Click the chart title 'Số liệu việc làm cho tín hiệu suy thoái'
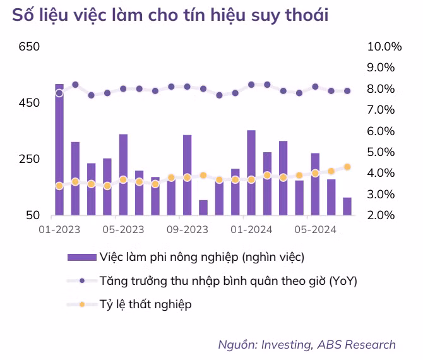170,15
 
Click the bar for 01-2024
251,173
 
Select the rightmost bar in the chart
347,207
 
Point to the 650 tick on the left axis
30,47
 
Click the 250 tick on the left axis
30,159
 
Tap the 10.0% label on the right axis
384,47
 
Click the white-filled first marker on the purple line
59,93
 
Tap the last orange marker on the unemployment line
347,167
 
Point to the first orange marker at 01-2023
59,186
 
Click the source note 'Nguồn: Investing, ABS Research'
307,344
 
